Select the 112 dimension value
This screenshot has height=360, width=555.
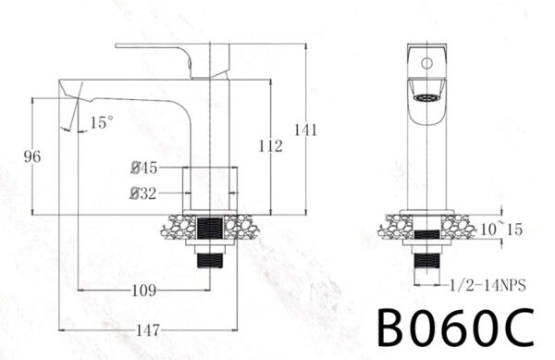(269, 144)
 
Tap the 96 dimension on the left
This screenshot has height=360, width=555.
(32, 157)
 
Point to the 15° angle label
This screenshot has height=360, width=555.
(102, 121)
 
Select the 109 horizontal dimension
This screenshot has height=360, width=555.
(142, 291)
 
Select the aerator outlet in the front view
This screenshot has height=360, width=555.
(426, 97)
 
